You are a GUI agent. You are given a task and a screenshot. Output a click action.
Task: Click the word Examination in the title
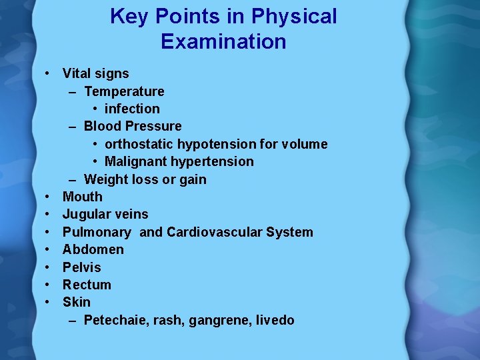223,42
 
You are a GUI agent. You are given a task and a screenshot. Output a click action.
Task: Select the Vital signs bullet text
95,73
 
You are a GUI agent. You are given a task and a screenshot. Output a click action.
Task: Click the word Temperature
124,91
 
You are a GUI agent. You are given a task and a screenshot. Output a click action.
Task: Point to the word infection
132,109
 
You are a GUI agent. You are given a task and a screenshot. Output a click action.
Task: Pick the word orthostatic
139,144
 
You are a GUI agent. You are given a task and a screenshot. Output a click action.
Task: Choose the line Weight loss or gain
145,179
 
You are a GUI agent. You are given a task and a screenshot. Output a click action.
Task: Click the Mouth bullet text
83,197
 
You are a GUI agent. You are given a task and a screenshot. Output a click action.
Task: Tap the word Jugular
87,214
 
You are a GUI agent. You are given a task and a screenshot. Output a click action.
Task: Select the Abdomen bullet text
93,249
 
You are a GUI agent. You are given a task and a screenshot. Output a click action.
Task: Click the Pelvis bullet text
82,267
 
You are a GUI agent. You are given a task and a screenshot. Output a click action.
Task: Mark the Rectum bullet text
87,285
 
